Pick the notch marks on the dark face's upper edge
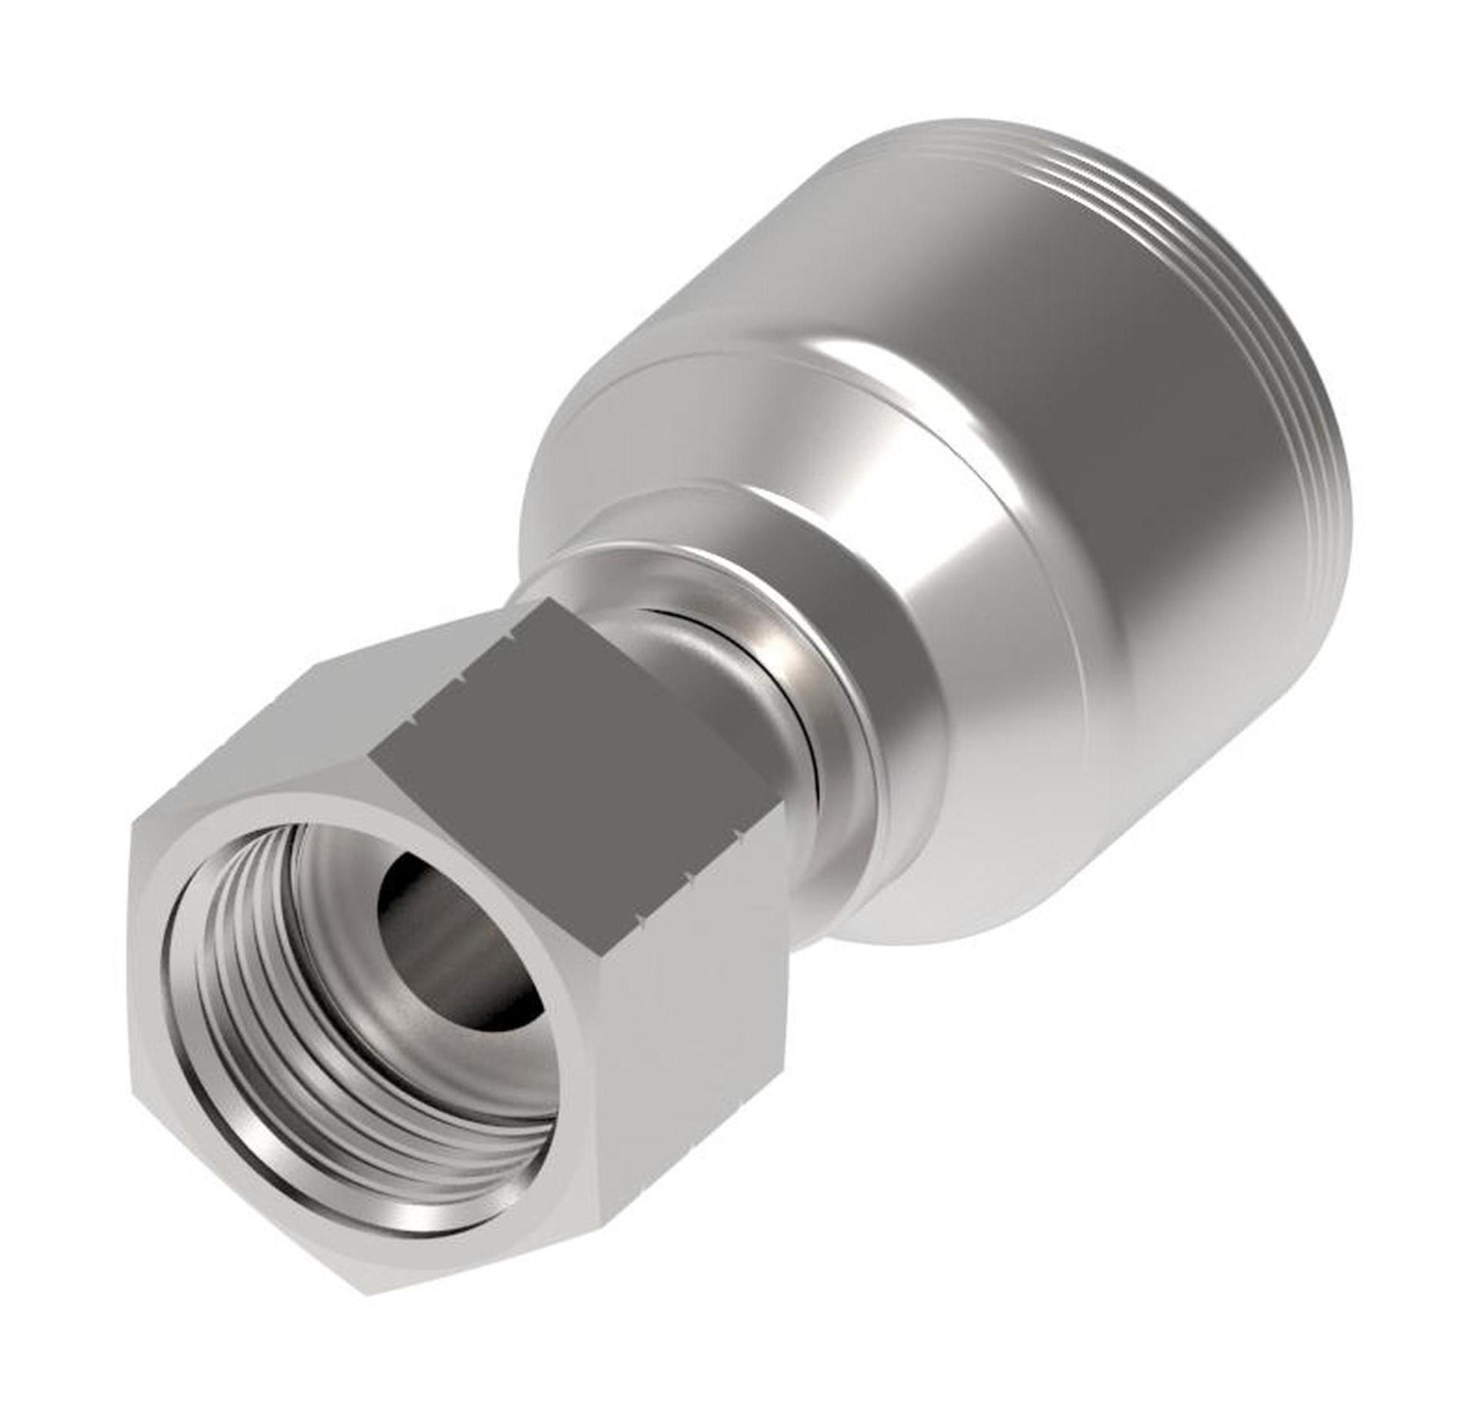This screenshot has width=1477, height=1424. click(462, 677)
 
